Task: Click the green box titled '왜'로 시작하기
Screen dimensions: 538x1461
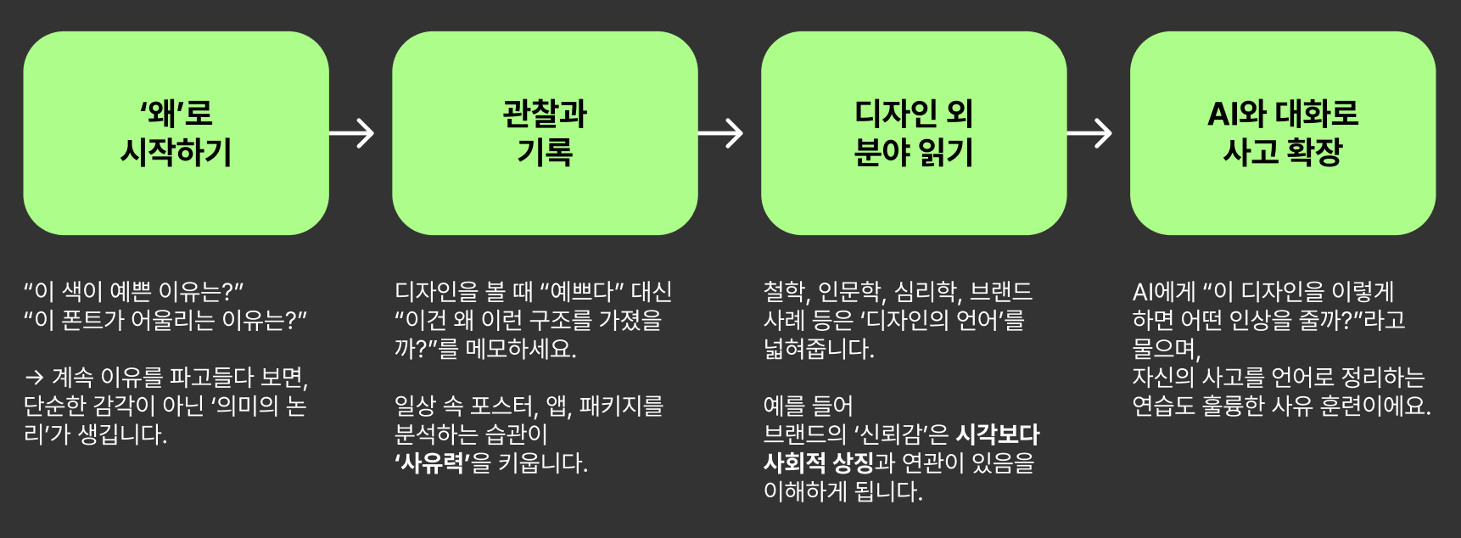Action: click(x=176, y=133)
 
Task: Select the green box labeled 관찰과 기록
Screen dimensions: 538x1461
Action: click(x=545, y=133)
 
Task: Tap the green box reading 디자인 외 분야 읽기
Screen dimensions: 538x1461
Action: click(x=914, y=133)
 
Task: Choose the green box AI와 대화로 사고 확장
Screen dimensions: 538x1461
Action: click(x=1283, y=133)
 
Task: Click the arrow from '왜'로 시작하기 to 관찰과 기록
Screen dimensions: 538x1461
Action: click(x=352, y=133)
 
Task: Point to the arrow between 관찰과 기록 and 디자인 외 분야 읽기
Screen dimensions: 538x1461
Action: click(x=721, y=133)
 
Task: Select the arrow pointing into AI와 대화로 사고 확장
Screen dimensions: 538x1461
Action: click(x=1090, y=133)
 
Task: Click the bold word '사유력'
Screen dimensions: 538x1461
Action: click(x=431, y=463)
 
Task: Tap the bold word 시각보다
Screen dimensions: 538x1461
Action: click(x=997, y=434)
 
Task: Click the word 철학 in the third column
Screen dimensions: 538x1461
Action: click(x=783, y=292)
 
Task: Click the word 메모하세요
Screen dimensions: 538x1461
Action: click(x=520, y=349)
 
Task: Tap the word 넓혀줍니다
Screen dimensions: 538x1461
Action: click(x=818, y=349)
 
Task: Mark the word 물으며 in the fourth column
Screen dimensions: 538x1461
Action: click(x=1165, y=349)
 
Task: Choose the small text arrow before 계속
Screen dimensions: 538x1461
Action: click(x=34, y=378)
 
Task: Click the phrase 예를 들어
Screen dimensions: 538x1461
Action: click(x=808, y=406)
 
